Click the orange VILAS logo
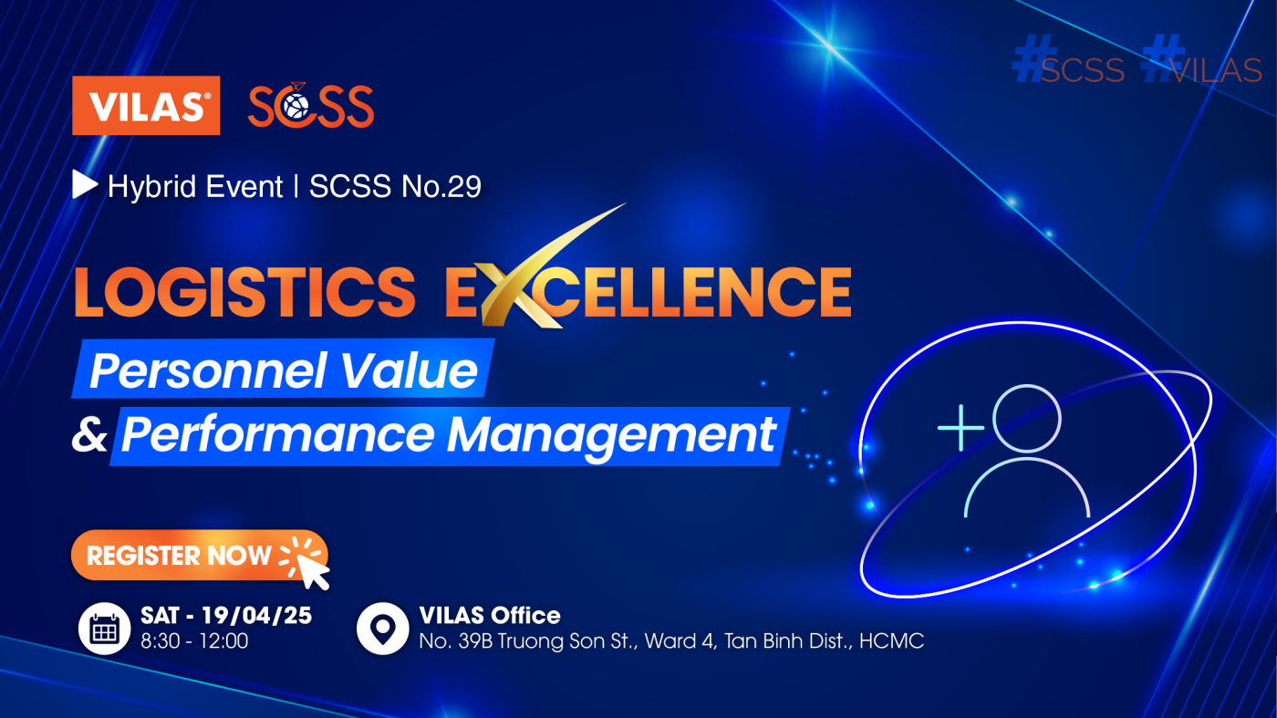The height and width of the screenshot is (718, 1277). [x=146, y=106]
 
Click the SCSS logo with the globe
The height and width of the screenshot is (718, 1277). [x=311, y=105]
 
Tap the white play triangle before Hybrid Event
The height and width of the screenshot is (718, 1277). [x=85, y=184]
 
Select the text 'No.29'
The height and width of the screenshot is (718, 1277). [x=441, y=186]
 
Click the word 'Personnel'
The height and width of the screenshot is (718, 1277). [x=208, y=371]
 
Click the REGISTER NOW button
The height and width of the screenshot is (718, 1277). [x=200, y=555]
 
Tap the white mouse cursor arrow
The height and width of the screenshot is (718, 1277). [x=313, y=572]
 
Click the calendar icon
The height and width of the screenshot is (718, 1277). [x=104, y=629]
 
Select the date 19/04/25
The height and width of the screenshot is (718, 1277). [x=256, y=615]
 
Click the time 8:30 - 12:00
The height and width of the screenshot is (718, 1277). [x=194, y=641]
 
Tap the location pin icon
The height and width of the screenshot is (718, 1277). [x=382, y=629]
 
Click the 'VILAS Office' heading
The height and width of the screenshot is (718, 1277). [x=490, y=615]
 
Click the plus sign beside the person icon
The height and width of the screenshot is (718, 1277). [x=961, y=428]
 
